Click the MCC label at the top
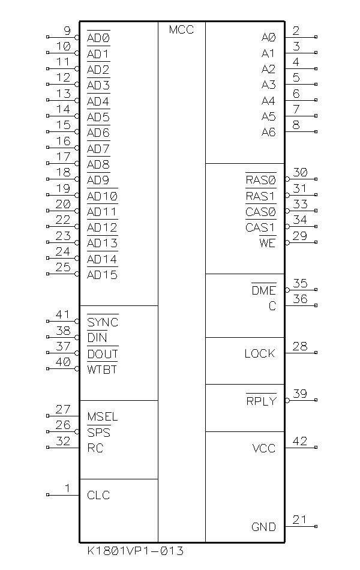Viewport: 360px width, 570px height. (181, 29)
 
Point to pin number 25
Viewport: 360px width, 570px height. (63, 268)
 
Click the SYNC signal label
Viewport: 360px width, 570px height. (103, 322)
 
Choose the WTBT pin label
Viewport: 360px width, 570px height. (102, 369)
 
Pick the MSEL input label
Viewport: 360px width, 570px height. (102, 416)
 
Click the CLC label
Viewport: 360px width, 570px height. (98, 495)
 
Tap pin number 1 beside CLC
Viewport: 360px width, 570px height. (68, 488)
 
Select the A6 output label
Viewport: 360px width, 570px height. (268, 132)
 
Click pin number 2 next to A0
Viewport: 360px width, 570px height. (296, 31)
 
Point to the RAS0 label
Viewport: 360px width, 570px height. (260, 179)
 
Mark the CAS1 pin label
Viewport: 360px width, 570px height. (260, 227)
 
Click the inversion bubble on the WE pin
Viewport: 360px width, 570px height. (287, 242)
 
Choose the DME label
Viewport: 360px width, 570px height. (263, 290)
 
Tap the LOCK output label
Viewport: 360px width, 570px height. (259, 353)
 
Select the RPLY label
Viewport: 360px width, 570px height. (262, 401)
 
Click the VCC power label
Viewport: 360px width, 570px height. (263, 448)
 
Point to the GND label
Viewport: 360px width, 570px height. (263, 527)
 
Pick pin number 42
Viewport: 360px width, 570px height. (300, 441)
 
